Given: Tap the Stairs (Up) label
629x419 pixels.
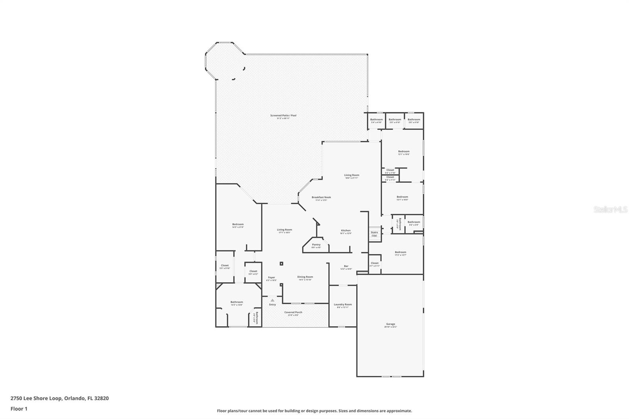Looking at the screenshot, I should [x=374, y=233].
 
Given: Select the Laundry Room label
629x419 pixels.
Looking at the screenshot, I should [x=342, y=305].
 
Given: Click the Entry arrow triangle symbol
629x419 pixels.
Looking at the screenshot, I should [x=272, y=300].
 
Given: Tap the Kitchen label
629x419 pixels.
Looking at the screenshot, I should [x=346, y=231].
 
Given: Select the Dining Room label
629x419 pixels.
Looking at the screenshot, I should [x=305, y=277].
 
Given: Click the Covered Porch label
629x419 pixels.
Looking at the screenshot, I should [x=293, y=313].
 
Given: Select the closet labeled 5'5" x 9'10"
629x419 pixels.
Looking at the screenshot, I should [x=225, y=266].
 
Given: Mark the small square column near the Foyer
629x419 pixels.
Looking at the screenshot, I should [x=281, y=263].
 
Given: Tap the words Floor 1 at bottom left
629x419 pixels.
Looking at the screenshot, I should [x=19, y=409].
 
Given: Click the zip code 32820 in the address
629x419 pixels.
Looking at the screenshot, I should [x=101, y=398].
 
